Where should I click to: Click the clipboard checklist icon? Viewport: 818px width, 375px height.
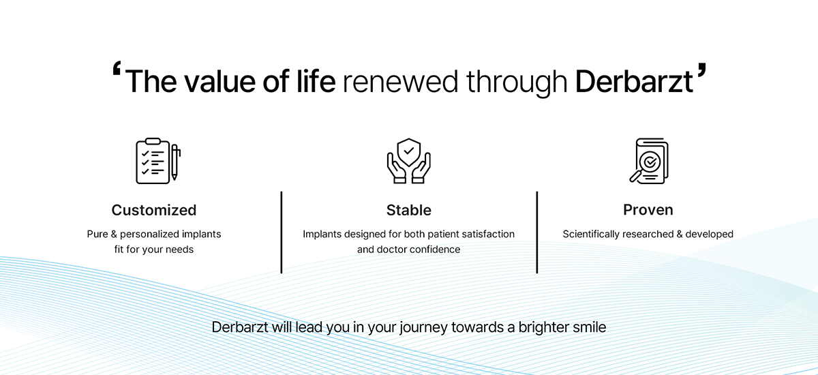click(153, 161)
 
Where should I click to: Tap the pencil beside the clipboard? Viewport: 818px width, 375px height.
click(175, 162)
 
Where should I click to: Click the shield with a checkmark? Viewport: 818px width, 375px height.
click(408, 152)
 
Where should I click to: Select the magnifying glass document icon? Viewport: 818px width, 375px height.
click(649, 161)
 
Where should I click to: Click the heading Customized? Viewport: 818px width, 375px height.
click(154, 210)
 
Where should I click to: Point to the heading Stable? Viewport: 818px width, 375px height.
click(408, 210)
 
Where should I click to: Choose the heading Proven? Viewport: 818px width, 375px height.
click(648, 209)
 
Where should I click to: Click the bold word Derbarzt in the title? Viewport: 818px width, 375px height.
click(634, 81)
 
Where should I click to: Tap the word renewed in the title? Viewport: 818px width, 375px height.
click(400, 82)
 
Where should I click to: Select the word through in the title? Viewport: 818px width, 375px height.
click(517, 83)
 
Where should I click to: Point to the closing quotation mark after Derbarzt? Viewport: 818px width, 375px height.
click(701, 70)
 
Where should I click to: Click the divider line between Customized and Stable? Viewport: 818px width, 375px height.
click(281, 232)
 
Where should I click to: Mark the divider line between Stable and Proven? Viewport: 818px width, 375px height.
click(537, 232)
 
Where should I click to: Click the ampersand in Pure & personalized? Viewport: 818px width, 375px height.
click(114, 234)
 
